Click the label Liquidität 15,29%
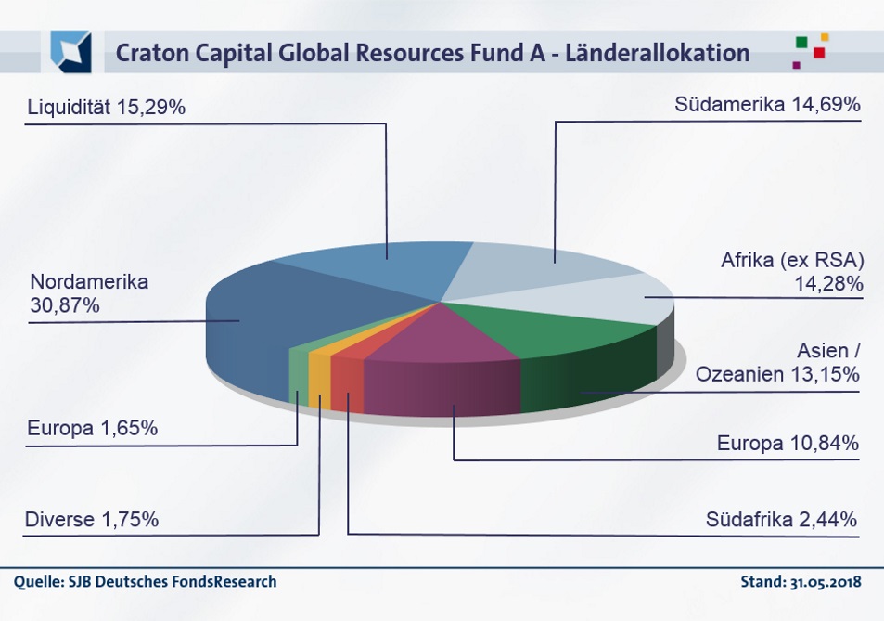coord(107,108)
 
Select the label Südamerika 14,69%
coord(768,104)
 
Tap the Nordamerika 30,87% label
coord(89,292)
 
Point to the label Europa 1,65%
coord(93,429)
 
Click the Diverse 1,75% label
coord(92,520)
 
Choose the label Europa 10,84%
coord(788,444)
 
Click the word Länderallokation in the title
coord(661,54)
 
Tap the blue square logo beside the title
coord(70,51)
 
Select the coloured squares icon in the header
coord(810,50)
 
